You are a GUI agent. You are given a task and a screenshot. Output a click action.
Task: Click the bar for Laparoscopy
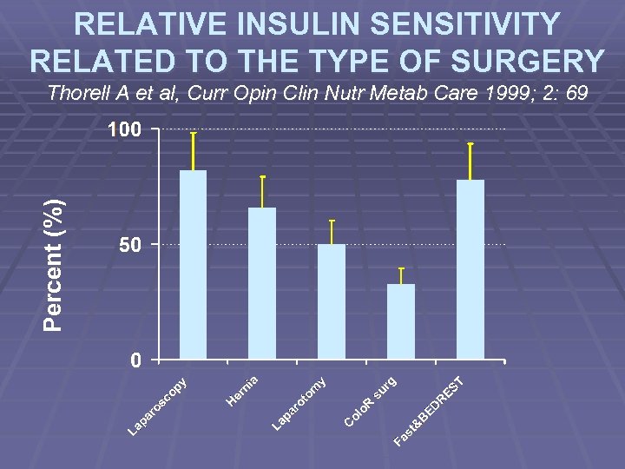[x=193, y=265]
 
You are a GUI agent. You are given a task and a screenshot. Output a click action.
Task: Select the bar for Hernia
[x=262, y=283]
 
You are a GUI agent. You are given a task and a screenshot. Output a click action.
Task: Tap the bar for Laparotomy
[x=332, y=301]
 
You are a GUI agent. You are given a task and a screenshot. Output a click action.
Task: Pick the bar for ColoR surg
[x=401, y=321]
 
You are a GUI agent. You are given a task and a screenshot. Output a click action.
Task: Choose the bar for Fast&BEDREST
[x=470, y=269]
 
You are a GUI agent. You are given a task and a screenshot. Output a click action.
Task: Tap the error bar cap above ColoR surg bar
[x=401, y=268]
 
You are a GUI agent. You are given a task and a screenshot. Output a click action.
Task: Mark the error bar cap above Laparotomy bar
[x=332, y=221]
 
